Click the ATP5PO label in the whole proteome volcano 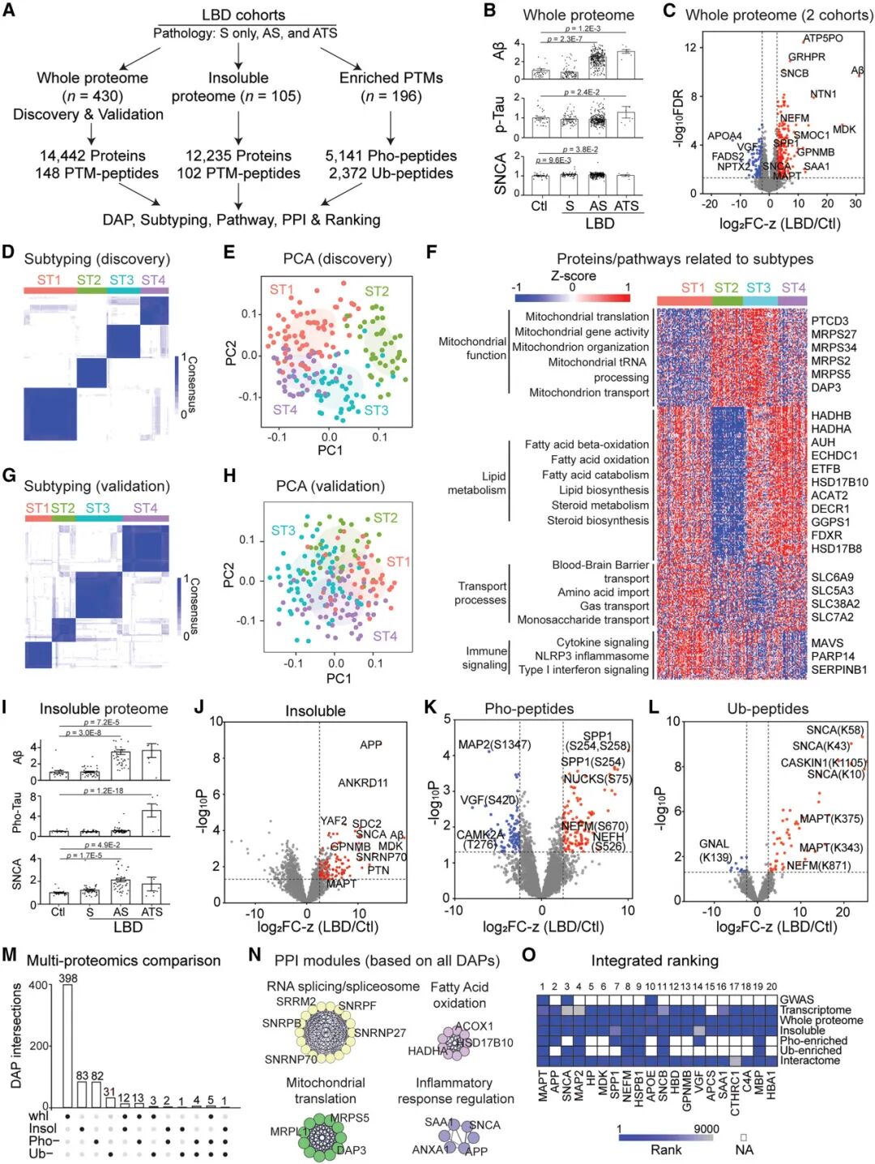coord(823,38)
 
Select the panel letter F coord(432,253)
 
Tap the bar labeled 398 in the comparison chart coord(68,1045)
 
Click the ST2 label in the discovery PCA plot coord(376,291)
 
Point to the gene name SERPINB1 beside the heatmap coord(839,670)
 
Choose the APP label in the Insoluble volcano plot coord(370,744)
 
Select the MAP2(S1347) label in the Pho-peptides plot coord(494,744)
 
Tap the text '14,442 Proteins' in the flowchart coord(92,156)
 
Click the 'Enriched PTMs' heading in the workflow coord(391,78)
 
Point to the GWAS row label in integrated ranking coord(796,1000)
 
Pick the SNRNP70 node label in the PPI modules coord(291,1059)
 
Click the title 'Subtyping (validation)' coord(96,486)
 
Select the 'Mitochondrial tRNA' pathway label coord(598,362)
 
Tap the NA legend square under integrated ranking coord(743,1137)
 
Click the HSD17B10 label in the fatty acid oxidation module coord(484,1042)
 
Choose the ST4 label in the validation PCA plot coord(385,636)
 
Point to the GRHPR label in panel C coord(806,57)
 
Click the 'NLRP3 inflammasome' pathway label coord(591,656)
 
